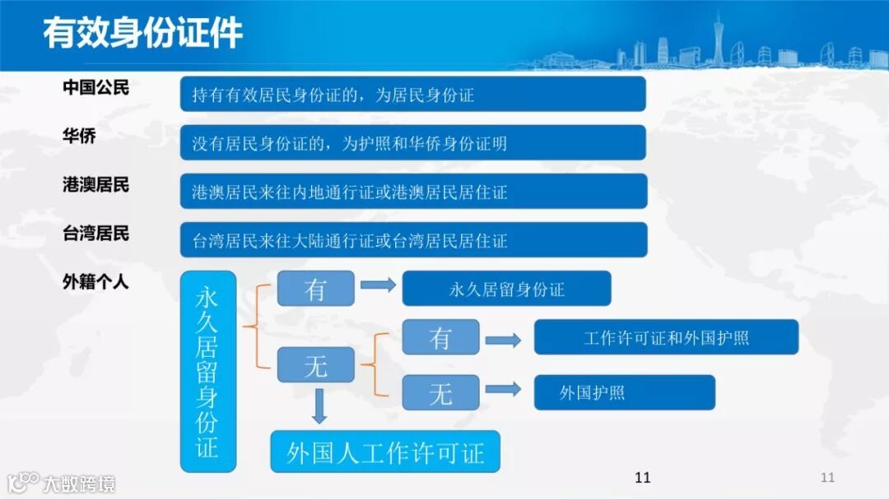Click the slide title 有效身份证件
pos(142,35)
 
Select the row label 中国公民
pos(95,88)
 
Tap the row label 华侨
pos(79,136)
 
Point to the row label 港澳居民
pos(95,185)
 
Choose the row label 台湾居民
pos(95,234)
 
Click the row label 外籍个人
pos(95,282)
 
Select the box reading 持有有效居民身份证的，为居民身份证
pos(412,95)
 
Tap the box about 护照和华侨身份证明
pos(412,143)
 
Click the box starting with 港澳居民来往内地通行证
pos(412,192)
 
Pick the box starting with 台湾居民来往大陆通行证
pos(412,240)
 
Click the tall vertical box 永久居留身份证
pos(207,372)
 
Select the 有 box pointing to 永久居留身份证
pos(315,289)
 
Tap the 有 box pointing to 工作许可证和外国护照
pos(440,337)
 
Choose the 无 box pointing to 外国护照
pos(440,393)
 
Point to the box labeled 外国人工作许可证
pos(385,451)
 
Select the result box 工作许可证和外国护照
pos(666,337)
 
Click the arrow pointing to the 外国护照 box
pos(504,390)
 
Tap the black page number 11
pos(643,478)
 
